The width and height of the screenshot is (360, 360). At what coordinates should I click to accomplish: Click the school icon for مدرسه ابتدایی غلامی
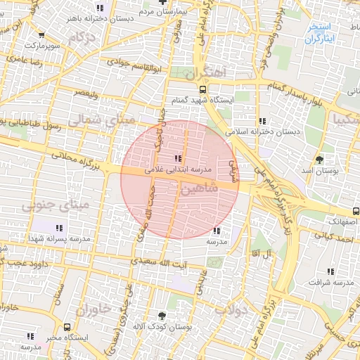[177, 158]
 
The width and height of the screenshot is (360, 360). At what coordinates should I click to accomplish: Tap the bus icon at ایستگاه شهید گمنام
[202, 89]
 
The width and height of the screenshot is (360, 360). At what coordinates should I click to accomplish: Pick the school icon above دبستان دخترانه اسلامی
[262, 120]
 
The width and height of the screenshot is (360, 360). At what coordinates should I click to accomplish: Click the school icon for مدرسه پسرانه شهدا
[60, 228]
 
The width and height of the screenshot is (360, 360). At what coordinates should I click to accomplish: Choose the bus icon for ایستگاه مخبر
[67, 327]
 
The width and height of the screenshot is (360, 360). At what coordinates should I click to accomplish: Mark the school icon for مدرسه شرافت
[330, 271]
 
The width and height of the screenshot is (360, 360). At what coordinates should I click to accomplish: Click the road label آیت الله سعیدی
[163, 263]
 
